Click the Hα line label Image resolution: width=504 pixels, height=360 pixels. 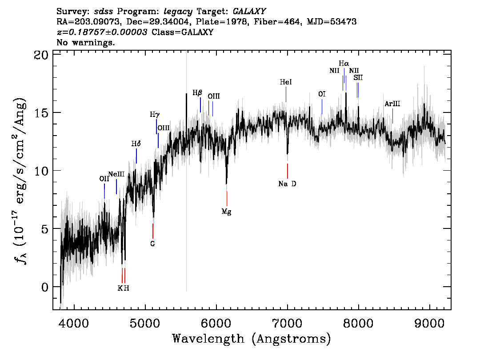[x=344, y=64]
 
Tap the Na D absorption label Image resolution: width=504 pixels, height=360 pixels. [x=288, y=184]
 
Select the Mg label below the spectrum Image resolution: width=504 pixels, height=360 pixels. [x=227, y=212]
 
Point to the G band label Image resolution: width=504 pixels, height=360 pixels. [x=153, y=244]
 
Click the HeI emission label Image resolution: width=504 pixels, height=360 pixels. [x=286, y=82]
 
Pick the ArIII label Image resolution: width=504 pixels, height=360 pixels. [x=392, y=104]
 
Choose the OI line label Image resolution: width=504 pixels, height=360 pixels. [x=322, y=94]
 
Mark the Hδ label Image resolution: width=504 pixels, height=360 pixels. [x=136, y=144]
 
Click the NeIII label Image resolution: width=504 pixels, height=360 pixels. [x=116, y=174]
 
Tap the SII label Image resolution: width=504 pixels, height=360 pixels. [x=358, y=78]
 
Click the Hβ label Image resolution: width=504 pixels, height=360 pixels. [x=198, y=93]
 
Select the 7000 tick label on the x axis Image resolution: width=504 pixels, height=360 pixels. [x=288, y=323]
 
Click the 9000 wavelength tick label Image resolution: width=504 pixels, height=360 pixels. [x=429, y=323]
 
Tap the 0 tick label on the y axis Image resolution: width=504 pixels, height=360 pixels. [x=45, y=287]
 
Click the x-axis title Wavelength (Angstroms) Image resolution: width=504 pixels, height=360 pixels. [x=252, y=339]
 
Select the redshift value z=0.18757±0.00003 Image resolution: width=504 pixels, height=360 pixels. [x=102, y=32]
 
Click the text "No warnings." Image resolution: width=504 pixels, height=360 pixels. [x=86, y=42]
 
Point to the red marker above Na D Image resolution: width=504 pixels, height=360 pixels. [x=288, y=171]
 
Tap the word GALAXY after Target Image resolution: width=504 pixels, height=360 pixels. [x=249, y=12]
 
